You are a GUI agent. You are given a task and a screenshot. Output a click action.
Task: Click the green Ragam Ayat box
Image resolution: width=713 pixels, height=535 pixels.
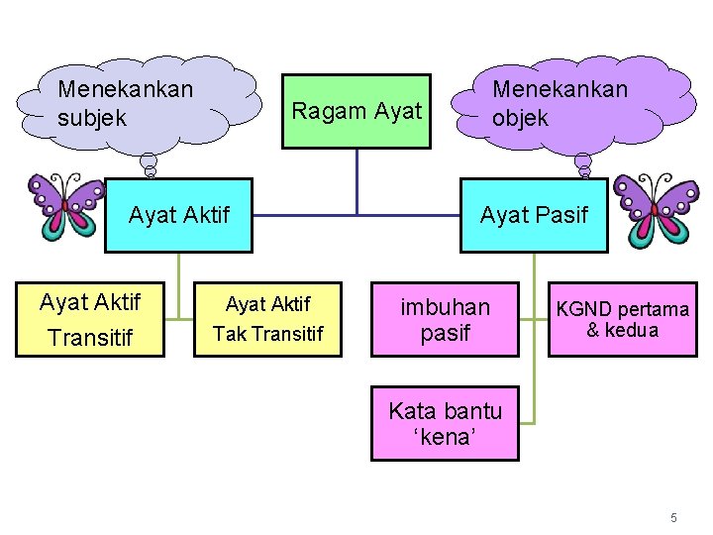point(356,111)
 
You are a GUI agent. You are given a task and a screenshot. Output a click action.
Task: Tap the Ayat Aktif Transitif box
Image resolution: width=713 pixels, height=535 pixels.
point(89,319)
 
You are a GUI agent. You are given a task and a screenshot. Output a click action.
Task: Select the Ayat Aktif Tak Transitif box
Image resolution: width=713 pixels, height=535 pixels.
point(267,319)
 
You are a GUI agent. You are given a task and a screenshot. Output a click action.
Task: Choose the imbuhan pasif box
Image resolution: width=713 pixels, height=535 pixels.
point(445,319)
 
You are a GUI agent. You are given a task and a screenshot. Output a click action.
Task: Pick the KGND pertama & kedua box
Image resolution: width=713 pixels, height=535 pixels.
point(622,319)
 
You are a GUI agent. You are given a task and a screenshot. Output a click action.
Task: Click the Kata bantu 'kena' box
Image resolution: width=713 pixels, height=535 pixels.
point(445,423)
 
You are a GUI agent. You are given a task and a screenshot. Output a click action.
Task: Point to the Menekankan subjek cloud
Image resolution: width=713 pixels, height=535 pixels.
point(149,104)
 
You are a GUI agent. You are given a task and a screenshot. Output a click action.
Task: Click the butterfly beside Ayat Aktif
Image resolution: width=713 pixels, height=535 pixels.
point(65,206)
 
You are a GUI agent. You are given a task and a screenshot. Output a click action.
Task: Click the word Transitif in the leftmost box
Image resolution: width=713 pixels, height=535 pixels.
point(89,339)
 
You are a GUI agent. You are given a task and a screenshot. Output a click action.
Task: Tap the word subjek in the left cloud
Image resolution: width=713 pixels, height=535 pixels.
point(92,118)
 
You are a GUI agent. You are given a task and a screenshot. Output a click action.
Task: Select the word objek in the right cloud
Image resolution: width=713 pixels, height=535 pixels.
point(520,118)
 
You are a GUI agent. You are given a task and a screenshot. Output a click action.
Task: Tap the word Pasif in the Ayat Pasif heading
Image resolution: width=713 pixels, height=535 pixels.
point(560,214)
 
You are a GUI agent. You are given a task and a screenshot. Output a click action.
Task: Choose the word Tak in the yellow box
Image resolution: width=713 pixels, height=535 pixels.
point(230,334)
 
